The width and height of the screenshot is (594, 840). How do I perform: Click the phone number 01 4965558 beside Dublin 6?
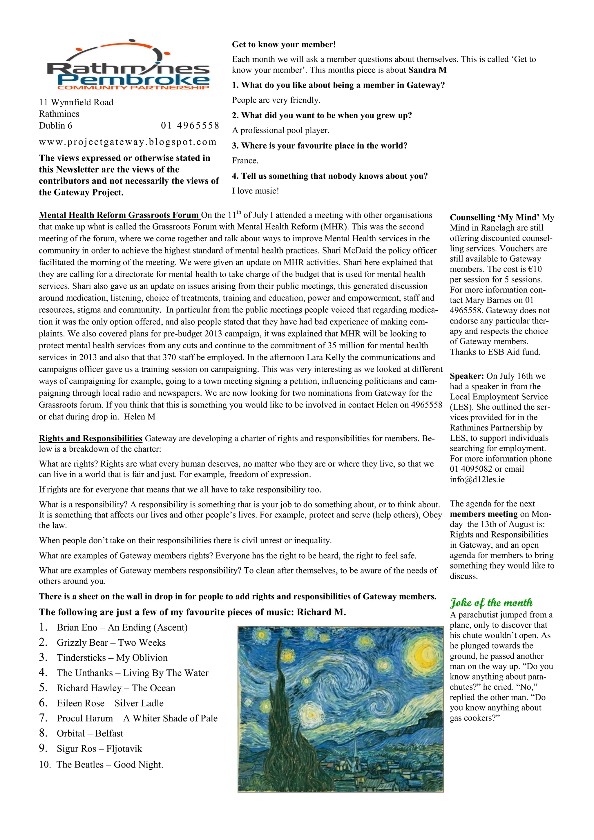pyautogui.click(x=190, y=126)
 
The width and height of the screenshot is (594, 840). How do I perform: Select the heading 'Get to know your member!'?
pyautogui.click(x=284, y=45)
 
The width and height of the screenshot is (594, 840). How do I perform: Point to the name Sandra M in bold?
pyautogui.click(x=428, y=70)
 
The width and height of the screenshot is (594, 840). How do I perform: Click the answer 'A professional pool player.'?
pyautogui.click(x=280, y=130)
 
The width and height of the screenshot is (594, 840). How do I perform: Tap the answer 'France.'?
pyautogui.click(x=245, y=161)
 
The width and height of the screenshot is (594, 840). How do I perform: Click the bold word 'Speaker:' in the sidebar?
pyautogui.click(x=467, y=376)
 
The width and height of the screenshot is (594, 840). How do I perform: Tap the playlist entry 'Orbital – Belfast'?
pyautogui.click(x=90, y=734)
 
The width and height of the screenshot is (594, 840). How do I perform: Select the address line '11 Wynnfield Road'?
pyautogui.click(x=76, y=102)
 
